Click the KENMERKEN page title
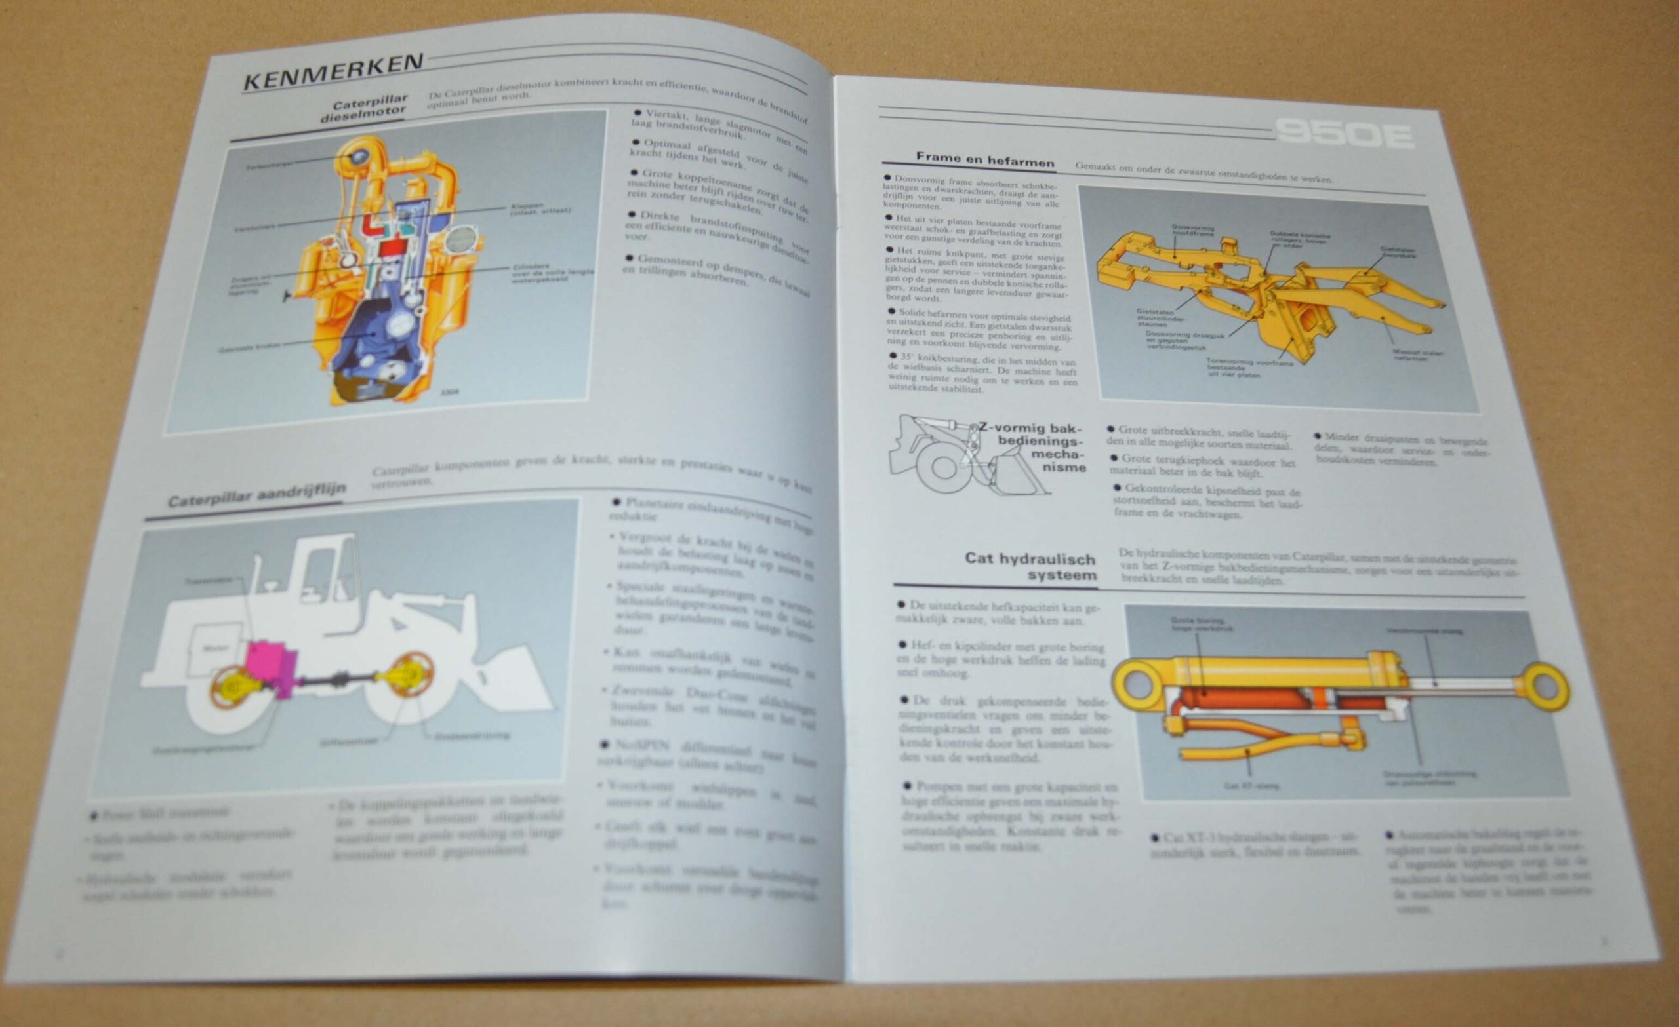tap(334, 72)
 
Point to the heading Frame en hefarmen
tap(984, 159)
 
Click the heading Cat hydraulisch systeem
tap(1030, 567)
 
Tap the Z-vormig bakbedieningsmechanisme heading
tap(1036, 448)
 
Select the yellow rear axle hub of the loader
tap(235, 691)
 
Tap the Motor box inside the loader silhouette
tap(216, 648)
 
